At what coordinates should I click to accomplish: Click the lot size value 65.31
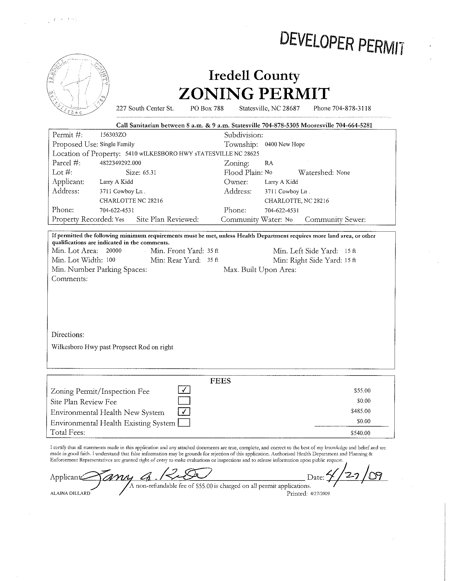[149, 173]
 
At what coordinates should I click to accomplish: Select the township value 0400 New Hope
[285, 144]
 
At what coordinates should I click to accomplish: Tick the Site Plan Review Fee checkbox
[184, 401]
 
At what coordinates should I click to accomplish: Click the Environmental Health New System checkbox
[184, 411]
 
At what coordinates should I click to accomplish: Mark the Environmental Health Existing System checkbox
[184, 422]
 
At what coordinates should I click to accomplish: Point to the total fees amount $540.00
[360, 433]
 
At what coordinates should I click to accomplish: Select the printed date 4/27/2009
[320, 494]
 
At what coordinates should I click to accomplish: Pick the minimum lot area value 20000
[114, 251]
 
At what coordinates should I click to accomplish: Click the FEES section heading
[220, 381]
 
